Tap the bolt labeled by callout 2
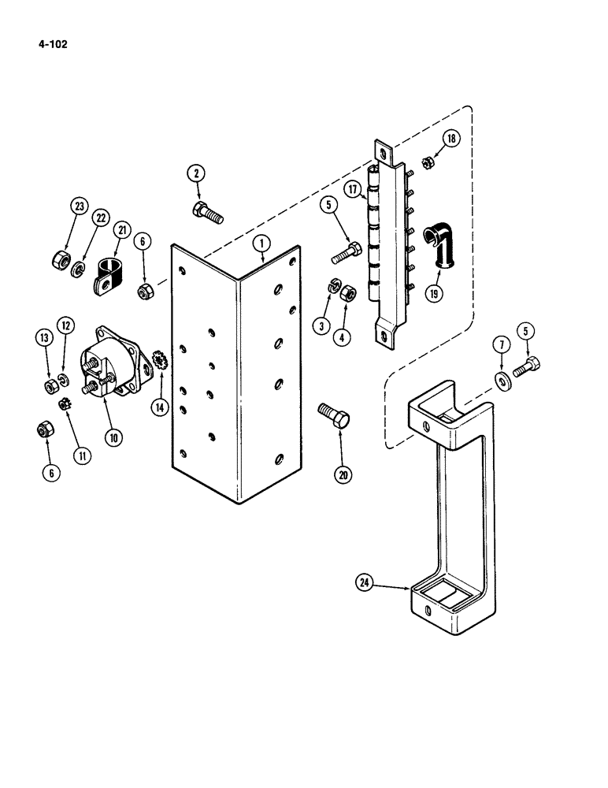[x=206, y=211]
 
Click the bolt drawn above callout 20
[x=334, y=415]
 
